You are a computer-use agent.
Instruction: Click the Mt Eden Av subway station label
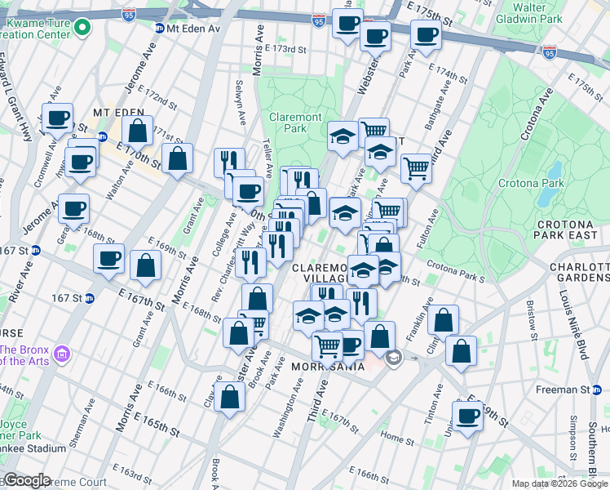click(193, 29)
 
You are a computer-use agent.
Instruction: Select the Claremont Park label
click(288, 122)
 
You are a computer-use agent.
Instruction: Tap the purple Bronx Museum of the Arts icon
click(62, 355)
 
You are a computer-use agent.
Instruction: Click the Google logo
click(26, 480)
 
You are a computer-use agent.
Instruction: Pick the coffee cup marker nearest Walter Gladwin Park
click(426, 35)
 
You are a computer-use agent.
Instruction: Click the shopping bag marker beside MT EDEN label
click(138, 130)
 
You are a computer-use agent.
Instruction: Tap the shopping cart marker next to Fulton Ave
click(417, 168)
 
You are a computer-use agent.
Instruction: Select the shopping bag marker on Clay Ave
click(231, 397)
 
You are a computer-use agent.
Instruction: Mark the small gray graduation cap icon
click(395, 357)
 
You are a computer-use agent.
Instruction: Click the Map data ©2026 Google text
click(559, 483)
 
